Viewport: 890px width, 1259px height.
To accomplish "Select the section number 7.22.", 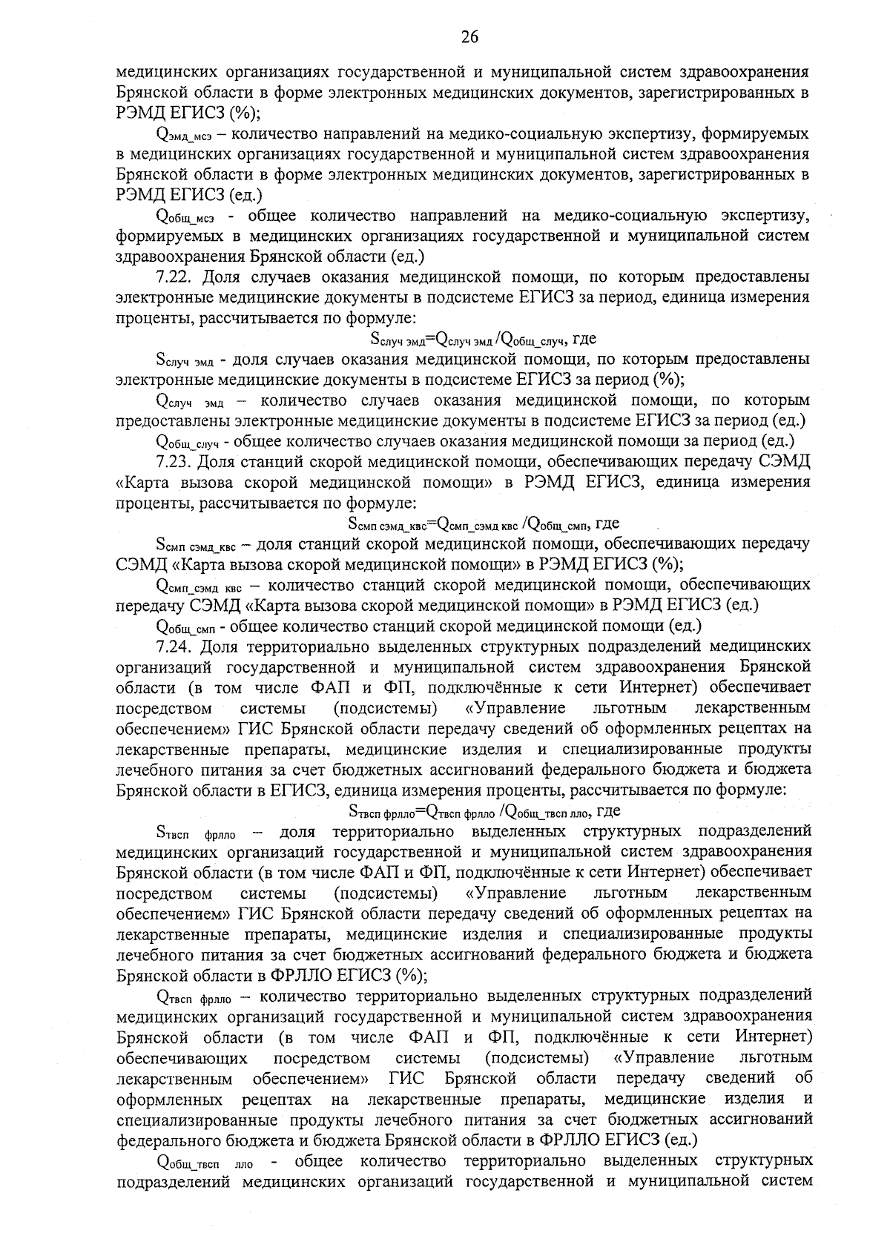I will (x=175, y=278).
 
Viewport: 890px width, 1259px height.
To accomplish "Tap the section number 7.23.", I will (x=175, y=462).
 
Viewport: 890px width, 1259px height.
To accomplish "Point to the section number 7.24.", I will (x=175, y=646).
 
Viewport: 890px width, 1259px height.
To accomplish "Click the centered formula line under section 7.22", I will (x=483, y=340).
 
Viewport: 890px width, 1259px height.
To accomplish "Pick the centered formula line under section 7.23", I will (x=483, y=523).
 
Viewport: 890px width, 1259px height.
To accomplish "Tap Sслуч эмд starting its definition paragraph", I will (x=185, y=361).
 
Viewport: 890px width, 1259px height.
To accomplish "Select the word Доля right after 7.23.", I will (x=220, y=462).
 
